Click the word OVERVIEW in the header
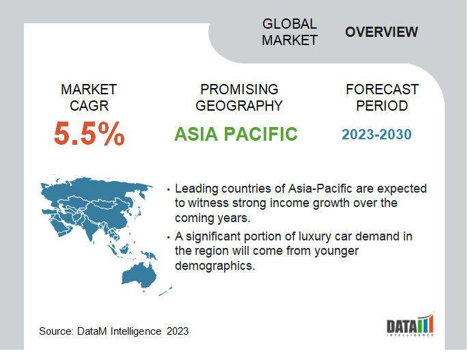pyautogui.click(x=381, y=32)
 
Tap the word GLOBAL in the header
pyautogui.click(x=289, y=24)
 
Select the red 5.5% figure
pyautogui.click(x=89, y=133)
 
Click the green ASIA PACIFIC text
pyautogui.click(x=236, y=134)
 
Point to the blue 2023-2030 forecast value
pyautogui.click(x=376, y=135)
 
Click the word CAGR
pyautogui.click(x=89, y=106)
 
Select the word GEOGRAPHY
pyautogui.click(x=239, y=106)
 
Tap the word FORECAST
pyautogui.click(x=383, y=89)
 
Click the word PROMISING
pyautogui.click(x=239, y=89)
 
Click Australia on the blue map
pyautogui.click(x=139, y=276)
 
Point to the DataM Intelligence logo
pyautogui.click(x=411, y=324)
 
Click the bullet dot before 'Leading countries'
pyautogui.click(x=169, y=189)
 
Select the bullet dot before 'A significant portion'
pyautogui.click(x=169, y=237)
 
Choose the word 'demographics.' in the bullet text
pyautogui.click(x=215, y=266)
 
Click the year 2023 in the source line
pyautogui.click(x=178, y=331)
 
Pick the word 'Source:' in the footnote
pyautogui.click(x=56, y=331)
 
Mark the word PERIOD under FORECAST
pyautogui.click(x=382, y=106)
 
